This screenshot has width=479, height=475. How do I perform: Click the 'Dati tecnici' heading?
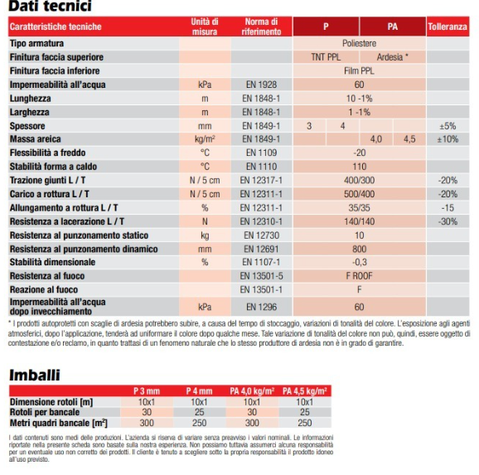tap(50, 6)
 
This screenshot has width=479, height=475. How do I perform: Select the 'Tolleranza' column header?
tap(448, 27)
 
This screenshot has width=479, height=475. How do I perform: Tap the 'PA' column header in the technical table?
tap(393, 27)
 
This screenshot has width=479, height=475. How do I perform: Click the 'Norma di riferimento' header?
tap(261, 27)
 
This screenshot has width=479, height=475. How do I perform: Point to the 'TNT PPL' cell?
tap(326, 57)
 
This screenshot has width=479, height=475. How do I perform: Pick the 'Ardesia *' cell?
tap(393, 57)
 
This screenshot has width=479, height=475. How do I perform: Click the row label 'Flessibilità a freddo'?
tap(48, 153)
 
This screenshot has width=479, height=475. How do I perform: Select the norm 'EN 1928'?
tap(261, 85)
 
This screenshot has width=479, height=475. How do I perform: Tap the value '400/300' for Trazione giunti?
tap(360, 180)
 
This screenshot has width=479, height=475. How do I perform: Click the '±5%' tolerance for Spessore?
tap(448, 126)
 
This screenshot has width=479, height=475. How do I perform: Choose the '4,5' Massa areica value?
tap(409, 139)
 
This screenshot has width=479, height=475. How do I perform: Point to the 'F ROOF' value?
tap(360, 276)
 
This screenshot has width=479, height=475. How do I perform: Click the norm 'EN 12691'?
tap(261, 250)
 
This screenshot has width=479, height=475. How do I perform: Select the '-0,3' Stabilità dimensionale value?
tap(360, 262)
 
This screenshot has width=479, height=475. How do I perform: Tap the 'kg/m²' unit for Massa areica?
tap(205, 139)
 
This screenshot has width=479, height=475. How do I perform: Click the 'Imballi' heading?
tap(35, 375)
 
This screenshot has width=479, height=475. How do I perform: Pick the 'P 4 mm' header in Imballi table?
tap(199, 391)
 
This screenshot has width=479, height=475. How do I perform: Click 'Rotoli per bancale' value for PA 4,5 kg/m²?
tap(305, 412)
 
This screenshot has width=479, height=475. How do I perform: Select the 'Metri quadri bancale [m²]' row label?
tap(59, 423)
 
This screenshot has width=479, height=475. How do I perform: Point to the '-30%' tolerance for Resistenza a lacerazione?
tap(448, 221)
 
